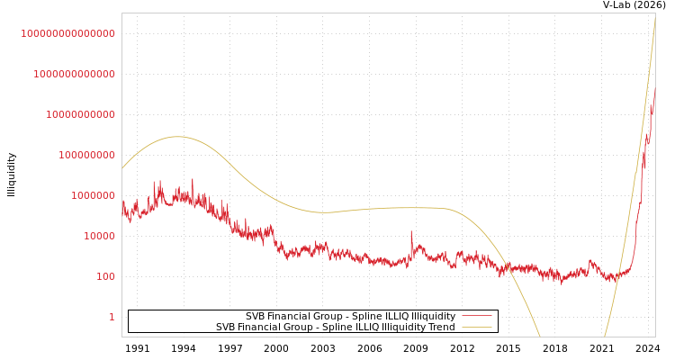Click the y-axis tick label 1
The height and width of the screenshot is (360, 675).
112,317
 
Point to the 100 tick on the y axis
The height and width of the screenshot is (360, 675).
106,276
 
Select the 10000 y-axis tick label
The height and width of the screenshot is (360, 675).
100,236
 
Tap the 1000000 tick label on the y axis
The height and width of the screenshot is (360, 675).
94,195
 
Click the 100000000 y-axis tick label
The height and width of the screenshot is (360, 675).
87,155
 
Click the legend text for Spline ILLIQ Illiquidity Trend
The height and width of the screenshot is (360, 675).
335,328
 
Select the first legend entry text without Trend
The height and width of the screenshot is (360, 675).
350,317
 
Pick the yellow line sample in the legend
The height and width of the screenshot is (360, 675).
476,328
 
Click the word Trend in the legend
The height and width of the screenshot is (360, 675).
441,328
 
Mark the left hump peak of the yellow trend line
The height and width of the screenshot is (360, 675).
176,137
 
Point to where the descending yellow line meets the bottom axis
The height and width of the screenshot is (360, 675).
540,336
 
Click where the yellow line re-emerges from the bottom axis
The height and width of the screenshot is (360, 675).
605,336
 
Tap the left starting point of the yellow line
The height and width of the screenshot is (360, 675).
122,168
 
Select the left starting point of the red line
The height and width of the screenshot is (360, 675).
122,202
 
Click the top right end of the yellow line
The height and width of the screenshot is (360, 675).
654,18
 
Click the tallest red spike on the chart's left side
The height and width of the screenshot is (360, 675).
192,180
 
